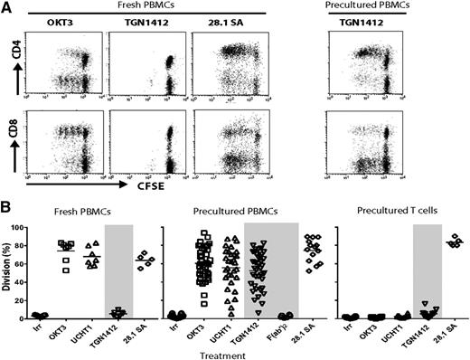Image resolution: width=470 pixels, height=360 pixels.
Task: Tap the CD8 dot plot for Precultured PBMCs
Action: click(x=370, y=138)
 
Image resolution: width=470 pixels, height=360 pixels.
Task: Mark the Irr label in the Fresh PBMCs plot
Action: click(x=36, y=324)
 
